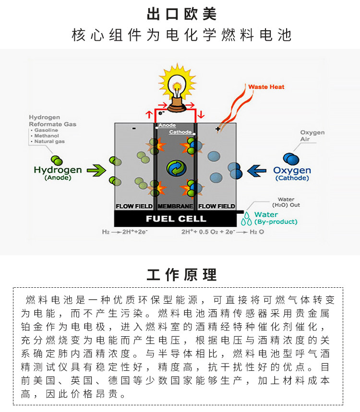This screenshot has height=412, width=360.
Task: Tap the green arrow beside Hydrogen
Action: (x=96, y=170)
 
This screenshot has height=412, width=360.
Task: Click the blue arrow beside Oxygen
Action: (x=257, y=170)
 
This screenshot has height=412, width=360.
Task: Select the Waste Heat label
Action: (x=266, y=87)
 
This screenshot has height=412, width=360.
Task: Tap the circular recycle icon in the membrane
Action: (x=175, y=168)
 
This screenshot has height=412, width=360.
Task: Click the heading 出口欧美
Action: (x=180, y=13)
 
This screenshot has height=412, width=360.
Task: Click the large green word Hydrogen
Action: (x=58, y=170)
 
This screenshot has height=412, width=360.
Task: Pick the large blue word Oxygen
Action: (x=292, y=170)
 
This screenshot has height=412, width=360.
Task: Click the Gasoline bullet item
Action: (x=46, y=130)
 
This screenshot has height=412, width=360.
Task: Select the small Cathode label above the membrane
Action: (x=180, y=132)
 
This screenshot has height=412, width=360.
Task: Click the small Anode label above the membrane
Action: (x=167, y=126)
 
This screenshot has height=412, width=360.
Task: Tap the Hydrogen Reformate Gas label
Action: (x=52, y=121)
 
